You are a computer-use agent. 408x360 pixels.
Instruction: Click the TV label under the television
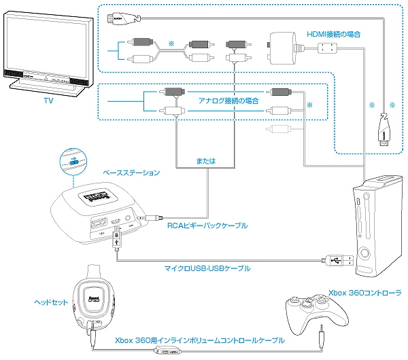(x=48, y=101)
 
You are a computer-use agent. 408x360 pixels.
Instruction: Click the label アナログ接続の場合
(x=228, y=99)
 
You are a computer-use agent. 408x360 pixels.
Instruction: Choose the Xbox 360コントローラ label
(x=364, y=293)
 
